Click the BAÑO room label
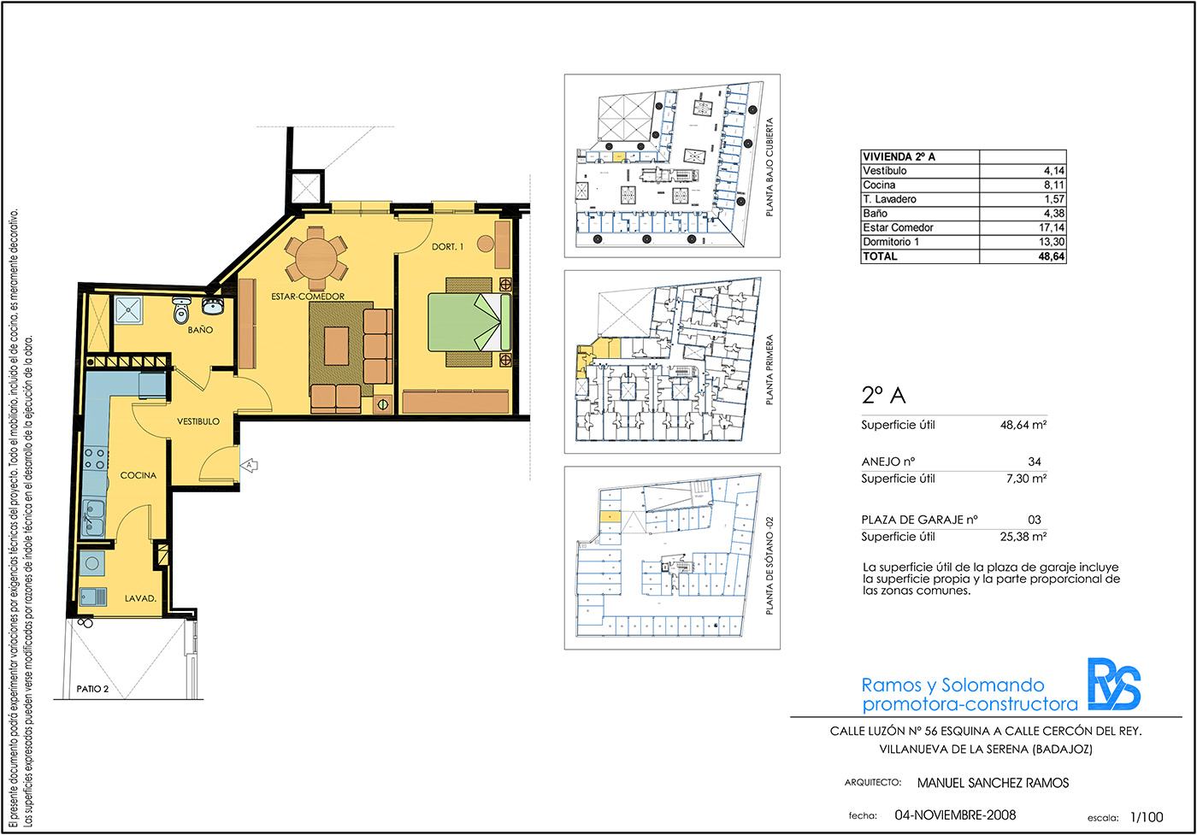(x=200, y=330)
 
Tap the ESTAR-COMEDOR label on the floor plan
(x=308, y=296)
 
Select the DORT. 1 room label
(x=447, y=246)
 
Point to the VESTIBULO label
(x=198, y=421)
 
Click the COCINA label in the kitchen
(x=139, y=475)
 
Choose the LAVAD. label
(x=140, y=598)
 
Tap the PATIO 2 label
(x=92, y=689)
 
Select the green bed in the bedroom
(x=469, y=321)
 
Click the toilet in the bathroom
(x=181, y=310)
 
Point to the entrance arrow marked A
(x=249, y=465)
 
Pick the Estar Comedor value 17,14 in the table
(x=1051, y=227)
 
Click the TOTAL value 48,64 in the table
(x=1051, y=256)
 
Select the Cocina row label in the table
(x=879, y=185)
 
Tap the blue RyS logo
(x=1113, y=684)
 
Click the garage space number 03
(x=1034, y=520)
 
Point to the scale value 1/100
(x=1147, y=817)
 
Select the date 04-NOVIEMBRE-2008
(x=956, y=814)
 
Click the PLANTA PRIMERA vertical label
(x=769, y=370)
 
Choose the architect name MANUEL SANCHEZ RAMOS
(x=993, y=783)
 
